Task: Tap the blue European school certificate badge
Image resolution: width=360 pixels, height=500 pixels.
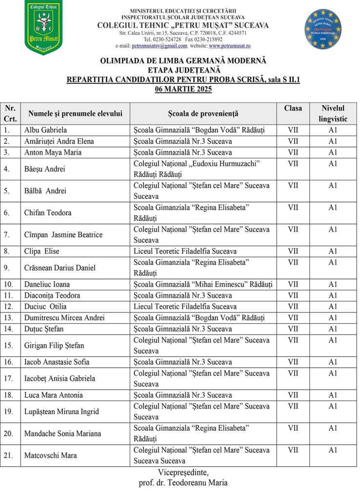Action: coord(323,29)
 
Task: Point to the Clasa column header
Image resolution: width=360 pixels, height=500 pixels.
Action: coord(293,108)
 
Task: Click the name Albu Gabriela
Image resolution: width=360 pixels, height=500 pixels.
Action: coord(46,130)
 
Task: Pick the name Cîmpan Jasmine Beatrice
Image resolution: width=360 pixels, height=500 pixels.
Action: coord(63,235)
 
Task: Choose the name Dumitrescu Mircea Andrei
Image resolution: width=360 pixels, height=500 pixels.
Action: coord(64,317)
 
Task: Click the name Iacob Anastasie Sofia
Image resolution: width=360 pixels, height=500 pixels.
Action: coord(57,362)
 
